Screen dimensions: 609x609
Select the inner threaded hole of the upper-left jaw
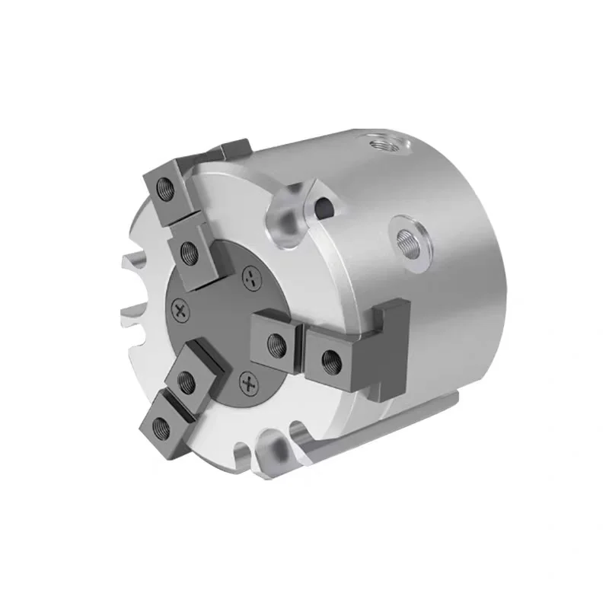[x=189, y=251]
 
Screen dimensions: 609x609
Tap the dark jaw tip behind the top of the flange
[x=232, y=148]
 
